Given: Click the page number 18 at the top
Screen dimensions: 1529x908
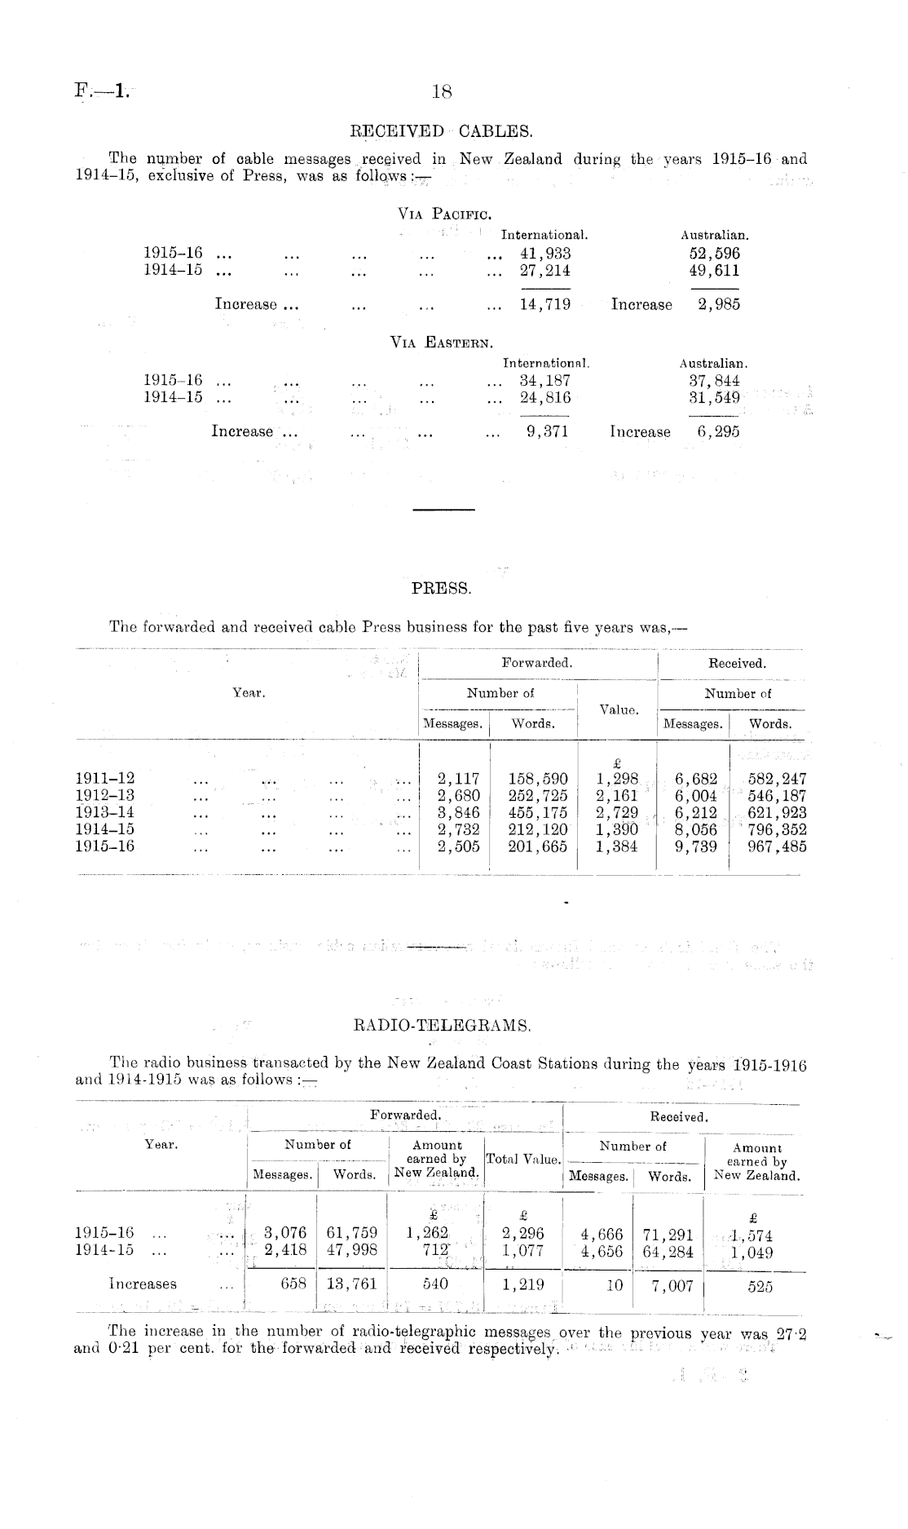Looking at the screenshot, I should click(441, 92).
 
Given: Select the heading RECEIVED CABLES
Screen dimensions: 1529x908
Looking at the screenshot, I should click(441, 130).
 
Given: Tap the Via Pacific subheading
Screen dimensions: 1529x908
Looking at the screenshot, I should click(443, 214).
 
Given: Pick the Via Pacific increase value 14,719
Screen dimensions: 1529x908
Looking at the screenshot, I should click(545, 305).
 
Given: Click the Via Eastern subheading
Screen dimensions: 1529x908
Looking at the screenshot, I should click(442, 342).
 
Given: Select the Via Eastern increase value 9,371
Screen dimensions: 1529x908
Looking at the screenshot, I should click(547, 431).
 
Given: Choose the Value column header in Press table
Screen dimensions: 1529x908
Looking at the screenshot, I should click(618, 709).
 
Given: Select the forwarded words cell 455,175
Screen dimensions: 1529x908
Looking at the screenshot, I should click(537, 812).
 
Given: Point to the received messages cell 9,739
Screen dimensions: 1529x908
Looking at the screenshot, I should click(695, 846).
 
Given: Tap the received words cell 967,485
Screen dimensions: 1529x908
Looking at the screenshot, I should click(777, 846).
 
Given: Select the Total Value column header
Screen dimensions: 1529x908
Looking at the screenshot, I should click(523, 1159).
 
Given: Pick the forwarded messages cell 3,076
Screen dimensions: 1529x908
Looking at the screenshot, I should click(280, 1233).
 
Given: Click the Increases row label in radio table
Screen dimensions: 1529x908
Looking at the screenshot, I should click(143, 1284).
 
